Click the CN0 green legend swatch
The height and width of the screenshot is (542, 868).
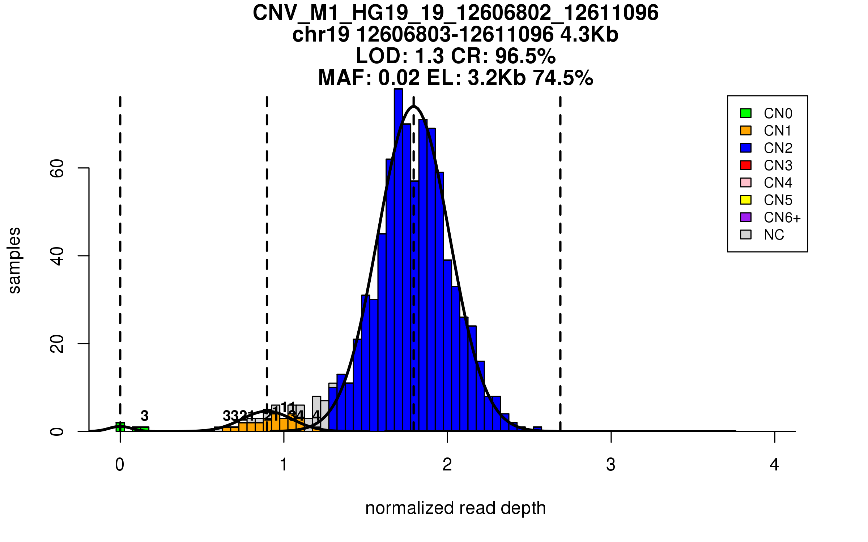click(746, 113)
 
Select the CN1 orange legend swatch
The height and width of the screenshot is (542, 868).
click(746, 130)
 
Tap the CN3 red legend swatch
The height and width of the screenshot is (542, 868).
click(746, 165)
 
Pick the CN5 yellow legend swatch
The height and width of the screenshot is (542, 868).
click(746, 200)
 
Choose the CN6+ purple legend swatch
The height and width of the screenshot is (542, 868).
click(746, 217)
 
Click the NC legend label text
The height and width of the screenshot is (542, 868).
click(774, 235)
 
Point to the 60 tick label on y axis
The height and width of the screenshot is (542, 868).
click(57, 168)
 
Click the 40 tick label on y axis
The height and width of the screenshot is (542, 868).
click(57, 256)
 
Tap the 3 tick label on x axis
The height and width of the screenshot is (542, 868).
click(611, 465)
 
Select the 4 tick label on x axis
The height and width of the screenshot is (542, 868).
click(774, 465)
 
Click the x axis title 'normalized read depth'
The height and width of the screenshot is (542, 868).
click(455, 508)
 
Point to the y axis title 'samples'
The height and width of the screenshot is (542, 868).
click(14, 260)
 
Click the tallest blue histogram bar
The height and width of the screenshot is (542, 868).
click(398, 260)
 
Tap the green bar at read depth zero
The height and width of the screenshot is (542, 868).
click(120, 427)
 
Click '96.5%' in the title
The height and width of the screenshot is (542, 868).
click(525, 56)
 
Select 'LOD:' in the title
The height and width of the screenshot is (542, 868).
click(382, 56)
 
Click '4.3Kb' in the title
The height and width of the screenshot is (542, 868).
click(589, 35)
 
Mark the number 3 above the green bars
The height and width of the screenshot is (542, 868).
click(145, 416)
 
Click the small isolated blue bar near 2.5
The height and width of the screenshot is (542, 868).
click(537, 429)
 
